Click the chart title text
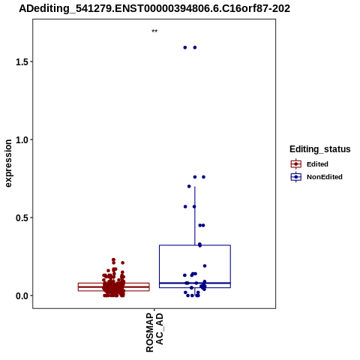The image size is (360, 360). (154, 9)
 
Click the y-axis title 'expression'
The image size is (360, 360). (8, 163)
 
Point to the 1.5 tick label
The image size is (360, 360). (21, 62)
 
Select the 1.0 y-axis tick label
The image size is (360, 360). (21, 140)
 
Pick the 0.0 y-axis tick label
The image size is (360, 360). (21, 296)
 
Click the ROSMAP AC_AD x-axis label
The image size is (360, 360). (154, 332)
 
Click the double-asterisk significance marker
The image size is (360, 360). (154, 31)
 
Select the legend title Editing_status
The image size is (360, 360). (320, 149)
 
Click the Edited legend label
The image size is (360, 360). (317, 164)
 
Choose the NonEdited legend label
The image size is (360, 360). (325, 177)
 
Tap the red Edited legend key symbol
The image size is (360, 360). (296, 164)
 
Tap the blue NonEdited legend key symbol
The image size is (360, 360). (296, 177)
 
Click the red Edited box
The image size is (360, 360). (114, 287)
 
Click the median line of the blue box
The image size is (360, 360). (195, 283)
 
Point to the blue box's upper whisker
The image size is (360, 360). (195, 216)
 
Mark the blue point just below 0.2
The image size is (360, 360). (205, 266)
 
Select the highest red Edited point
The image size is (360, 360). (113, 260)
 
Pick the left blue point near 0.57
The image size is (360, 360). (185, 207)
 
